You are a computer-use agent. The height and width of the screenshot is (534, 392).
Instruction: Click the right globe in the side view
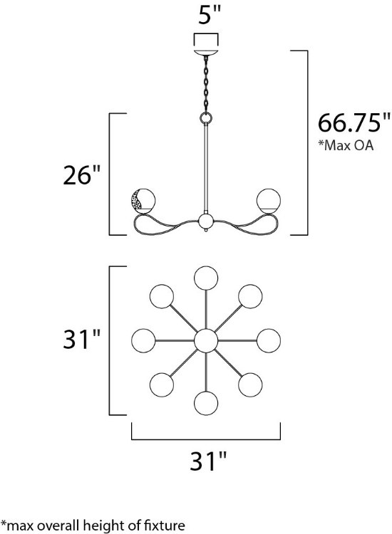pyautogui.click(x=269, y=200)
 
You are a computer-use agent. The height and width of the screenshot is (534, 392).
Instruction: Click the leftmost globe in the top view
pyautogui.click(x=144, y=340)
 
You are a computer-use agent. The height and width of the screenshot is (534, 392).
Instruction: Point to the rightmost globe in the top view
pyautogui.click(x=269, y=340)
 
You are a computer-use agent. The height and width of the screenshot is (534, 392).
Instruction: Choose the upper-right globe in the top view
pyautogui.click(x=250, y=295)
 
